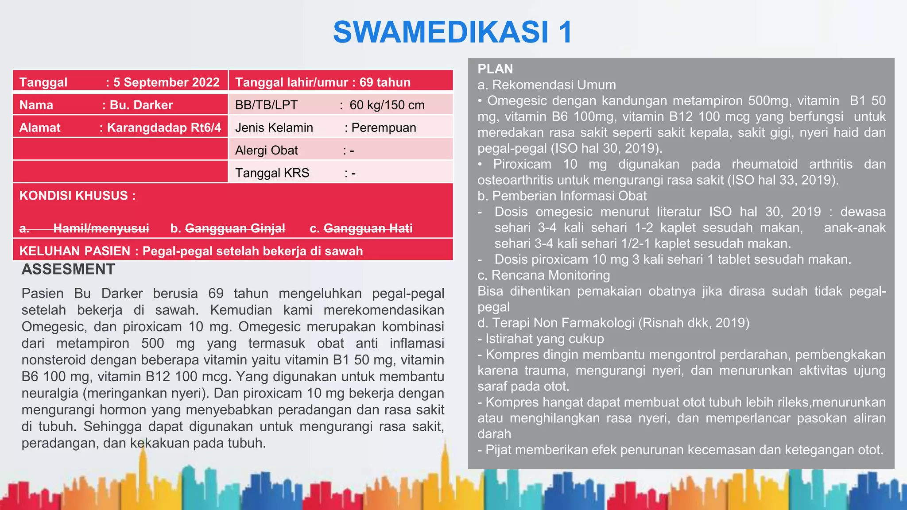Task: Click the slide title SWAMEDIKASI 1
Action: tap(453, 32)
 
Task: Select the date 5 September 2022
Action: tap(166, 82)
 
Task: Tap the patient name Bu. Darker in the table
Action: tap(141, 105)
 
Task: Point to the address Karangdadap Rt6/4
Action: tap(164, 127)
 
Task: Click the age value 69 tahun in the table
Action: tap(385, 82)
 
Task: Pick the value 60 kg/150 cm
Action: tap(387, 105)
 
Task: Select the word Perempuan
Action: tap(384, 127)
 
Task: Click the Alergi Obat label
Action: tap(266, 151)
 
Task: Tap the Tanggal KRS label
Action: tap(272, 173)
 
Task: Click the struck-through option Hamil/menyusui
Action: tap(101, 228)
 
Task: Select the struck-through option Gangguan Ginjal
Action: tap(235, 228)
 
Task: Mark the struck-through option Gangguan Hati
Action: tap(368, 228)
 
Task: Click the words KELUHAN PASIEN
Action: tap(74, 251)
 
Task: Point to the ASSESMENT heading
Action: tap(68, 269)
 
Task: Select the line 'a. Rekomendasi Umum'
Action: tap(547, 85)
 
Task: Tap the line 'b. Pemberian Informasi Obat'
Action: tap(562, 196)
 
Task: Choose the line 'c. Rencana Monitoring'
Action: tap(543, 275)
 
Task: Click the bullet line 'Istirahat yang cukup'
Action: tap(544, 339)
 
